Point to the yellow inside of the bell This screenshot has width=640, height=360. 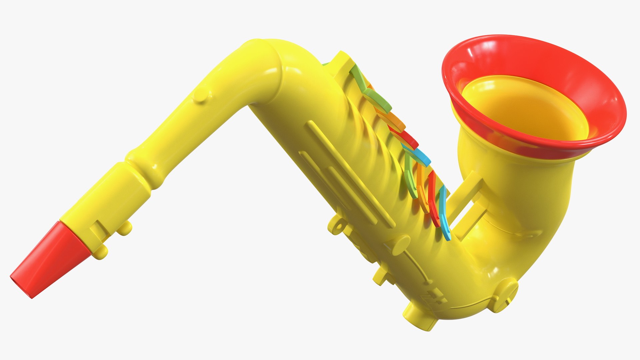click(x=523, y=107)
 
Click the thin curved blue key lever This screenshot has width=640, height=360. click(x=445, y=213)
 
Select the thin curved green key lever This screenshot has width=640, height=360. click(x=410, y=177)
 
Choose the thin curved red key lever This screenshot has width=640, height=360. click(x=433, y=200)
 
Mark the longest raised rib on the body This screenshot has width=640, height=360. click(x=350, y=173)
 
